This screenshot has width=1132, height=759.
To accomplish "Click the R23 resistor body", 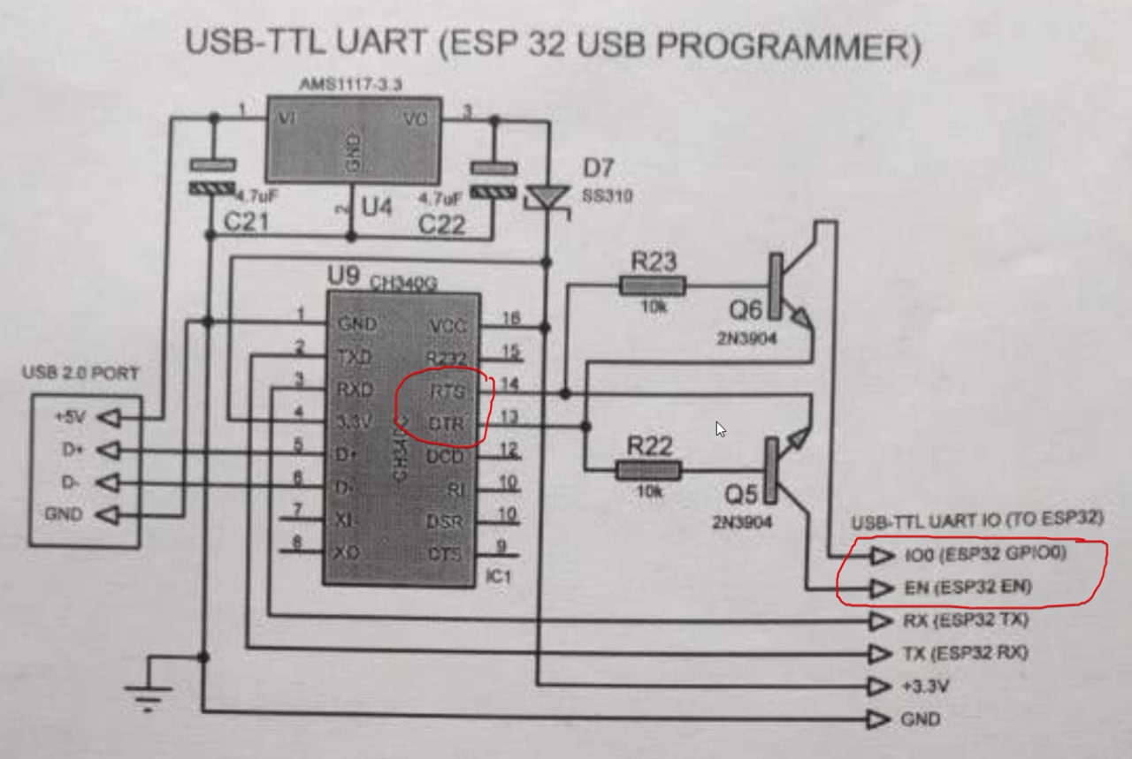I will [652, 285].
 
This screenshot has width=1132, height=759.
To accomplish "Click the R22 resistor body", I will [648, 469].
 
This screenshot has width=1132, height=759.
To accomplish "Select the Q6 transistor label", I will [745, 310].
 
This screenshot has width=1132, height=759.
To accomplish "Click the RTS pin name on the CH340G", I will [447, 390].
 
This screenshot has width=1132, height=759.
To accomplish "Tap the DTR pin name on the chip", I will [447, 423].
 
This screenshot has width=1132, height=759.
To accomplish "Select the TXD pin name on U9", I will [355, 357].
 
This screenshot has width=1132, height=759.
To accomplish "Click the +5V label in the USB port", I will [71, 416].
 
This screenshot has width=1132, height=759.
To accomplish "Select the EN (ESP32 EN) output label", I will [968, 588].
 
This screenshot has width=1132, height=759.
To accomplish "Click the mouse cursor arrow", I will [721, 429].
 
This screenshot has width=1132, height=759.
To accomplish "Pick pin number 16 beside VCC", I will [510, 318].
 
